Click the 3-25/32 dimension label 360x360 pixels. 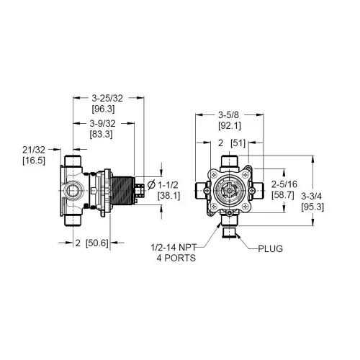click(x=107, y=98)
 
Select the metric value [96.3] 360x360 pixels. click(x=103, y=109)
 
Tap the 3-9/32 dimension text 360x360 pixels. click(x=102, y=123)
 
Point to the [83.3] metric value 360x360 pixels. click(x=101, y=134)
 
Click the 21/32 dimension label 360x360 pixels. click(x=34, y=150)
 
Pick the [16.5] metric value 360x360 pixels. click(x=34, y=161)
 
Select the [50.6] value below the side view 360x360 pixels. click(x=97, y=243)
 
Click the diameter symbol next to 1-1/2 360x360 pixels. click(x=151, y=185)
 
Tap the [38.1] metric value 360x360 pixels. click(x=168, y=196)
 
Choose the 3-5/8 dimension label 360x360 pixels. click(x=229, y=115)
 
